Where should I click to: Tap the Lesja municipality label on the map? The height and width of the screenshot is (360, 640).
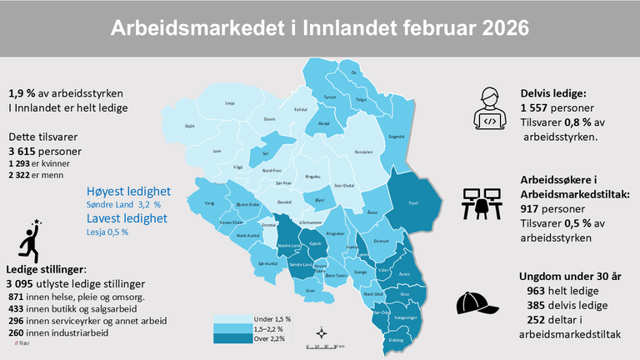click(x=230, y=103)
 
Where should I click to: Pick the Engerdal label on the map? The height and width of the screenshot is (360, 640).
click(x=397, y=137)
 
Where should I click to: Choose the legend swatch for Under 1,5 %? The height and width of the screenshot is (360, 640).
click(x=231, y=319)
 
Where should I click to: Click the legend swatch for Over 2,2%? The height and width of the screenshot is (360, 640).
click(x=231, y=337)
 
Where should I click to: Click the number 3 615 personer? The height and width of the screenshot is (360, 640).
click(x=45, y=152)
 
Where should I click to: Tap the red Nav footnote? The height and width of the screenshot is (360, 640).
click(x=21, y=343)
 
